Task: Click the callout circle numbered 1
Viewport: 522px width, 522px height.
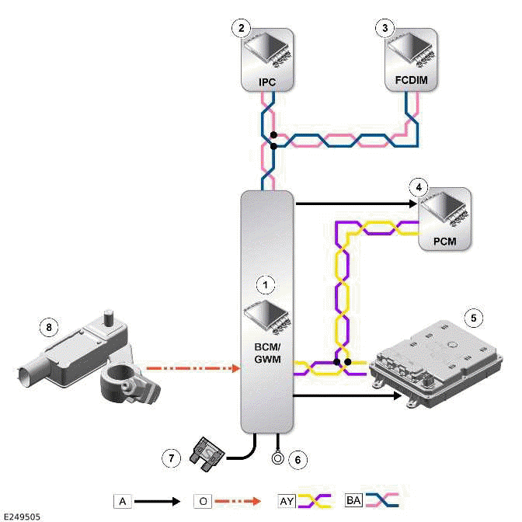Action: (x=266, y=286)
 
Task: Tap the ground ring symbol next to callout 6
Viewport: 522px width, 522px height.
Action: (x=276, y=458)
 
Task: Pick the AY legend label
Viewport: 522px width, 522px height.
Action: (x=287, y=502)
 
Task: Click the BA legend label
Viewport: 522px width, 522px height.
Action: (x=354, y=502)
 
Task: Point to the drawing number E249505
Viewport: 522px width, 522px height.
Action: (x=21, y=515)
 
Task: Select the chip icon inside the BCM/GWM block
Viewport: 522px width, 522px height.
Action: (x=266, y=315)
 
